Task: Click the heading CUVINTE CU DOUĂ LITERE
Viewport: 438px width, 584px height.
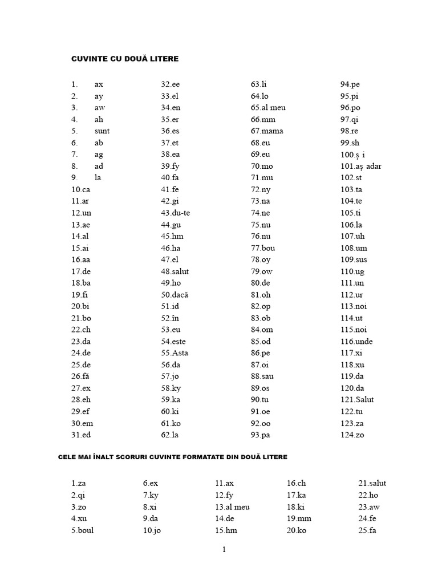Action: pyautogui.click(x=125, y=59)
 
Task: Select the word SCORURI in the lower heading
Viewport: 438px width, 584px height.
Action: pyautogui.click(x=136, y=457)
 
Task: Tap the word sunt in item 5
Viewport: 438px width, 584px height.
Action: pyautogui.click(x=102, y=131)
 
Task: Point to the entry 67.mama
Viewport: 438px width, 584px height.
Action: pyautogui.click(x=267, y=131)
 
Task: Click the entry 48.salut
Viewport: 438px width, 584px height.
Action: pyautogui.click(x=175, y=271)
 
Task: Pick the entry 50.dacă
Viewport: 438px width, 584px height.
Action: pyautogui.click(x=175, y=295)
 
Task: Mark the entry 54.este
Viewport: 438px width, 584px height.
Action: pyautogui.click(x=175, y=342)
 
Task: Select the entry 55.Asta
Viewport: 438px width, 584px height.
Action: pyautogui.click(x=175, y=353)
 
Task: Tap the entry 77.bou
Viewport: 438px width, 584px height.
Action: pyautogui.click(x=263, y=248)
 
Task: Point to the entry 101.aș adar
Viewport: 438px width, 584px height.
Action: pyautogui.click(x=361, y=166)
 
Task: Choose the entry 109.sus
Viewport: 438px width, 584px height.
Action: pyautogui.click(x=354, y=259)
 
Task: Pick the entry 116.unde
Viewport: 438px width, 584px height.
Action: pyautogui.click(x=356, y=342)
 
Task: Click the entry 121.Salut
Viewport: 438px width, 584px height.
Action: pyautogui.click(x=357, y=400)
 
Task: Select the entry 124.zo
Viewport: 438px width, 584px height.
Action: pyautogui.click(x=352, y=435)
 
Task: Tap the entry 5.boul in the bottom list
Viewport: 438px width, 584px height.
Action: pyautogui.click(x=83, y=530)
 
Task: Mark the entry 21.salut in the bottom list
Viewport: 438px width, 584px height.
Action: pyautogui.click(x=372, y=484)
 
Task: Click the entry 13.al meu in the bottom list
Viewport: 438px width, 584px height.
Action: pyautogui.click(x=233, y=507)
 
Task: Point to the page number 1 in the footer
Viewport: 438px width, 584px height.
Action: pyautogui.click(x=224, y=550)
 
